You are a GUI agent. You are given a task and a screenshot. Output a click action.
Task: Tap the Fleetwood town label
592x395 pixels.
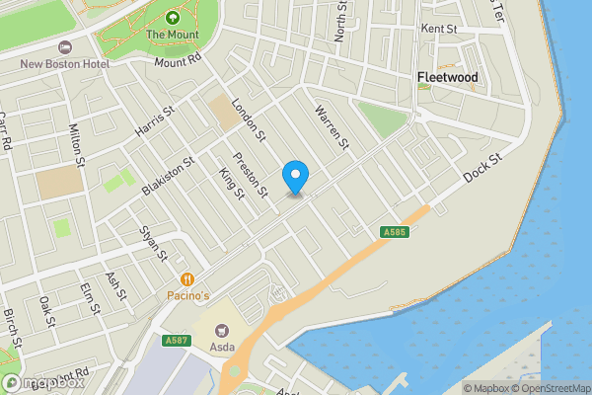tap(447, 77)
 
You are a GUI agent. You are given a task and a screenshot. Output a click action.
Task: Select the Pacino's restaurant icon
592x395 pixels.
tap(186, 279)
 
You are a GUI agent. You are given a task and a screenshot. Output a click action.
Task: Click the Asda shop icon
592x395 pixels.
tap(221, 330)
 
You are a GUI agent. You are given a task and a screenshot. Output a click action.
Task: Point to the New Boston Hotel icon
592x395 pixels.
tap(65, 47)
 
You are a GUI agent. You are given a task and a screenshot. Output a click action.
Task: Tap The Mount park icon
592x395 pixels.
tap(173, 18)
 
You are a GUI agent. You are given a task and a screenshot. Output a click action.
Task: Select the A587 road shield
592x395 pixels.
tap(177, 341)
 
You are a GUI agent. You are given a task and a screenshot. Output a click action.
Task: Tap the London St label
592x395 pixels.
tap(250, 120)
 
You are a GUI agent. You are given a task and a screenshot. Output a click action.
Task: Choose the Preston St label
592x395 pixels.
tap(250, 173)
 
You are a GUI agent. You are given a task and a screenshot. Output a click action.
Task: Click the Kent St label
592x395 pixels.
tap(438, 30)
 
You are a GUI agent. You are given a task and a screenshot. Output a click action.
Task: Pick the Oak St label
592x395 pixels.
tap(45, 309)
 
